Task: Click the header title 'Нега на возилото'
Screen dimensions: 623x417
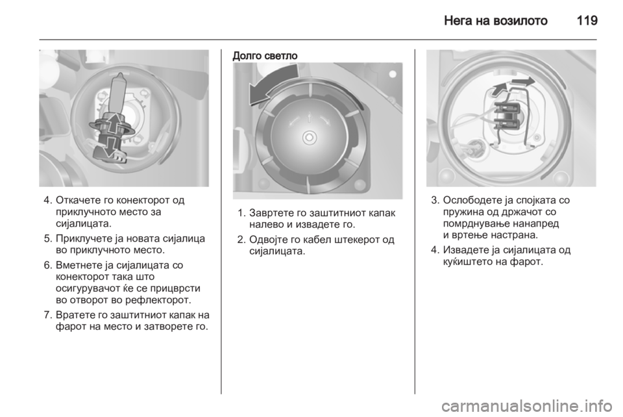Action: coord(495,20)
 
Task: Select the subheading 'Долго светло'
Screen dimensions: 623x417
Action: coord(265,56)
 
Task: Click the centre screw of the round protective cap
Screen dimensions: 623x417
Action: coord(309,138)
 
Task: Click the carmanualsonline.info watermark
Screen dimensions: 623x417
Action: coord(526,406)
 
